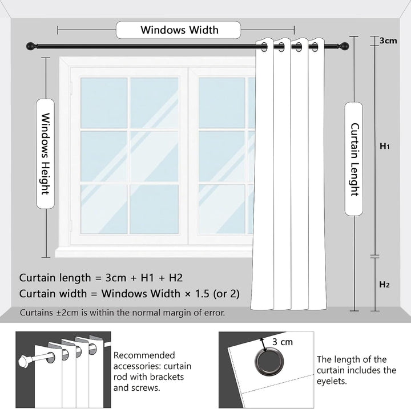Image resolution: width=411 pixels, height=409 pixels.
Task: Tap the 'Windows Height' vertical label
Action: (45, 154)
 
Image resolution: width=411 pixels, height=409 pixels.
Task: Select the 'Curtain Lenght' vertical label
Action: (354, 159)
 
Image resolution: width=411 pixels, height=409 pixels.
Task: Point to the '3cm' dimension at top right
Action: (388, 41)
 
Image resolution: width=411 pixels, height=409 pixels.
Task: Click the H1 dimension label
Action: (385, 146)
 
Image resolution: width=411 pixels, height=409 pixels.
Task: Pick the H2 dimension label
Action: (385, 284)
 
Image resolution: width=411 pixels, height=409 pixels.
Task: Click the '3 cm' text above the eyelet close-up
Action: (283, 342)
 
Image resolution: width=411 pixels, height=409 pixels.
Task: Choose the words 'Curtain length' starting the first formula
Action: (55, 278)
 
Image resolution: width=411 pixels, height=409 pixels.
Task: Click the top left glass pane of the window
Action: (104, 103)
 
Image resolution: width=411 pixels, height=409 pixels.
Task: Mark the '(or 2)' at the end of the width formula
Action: (224, 294)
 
